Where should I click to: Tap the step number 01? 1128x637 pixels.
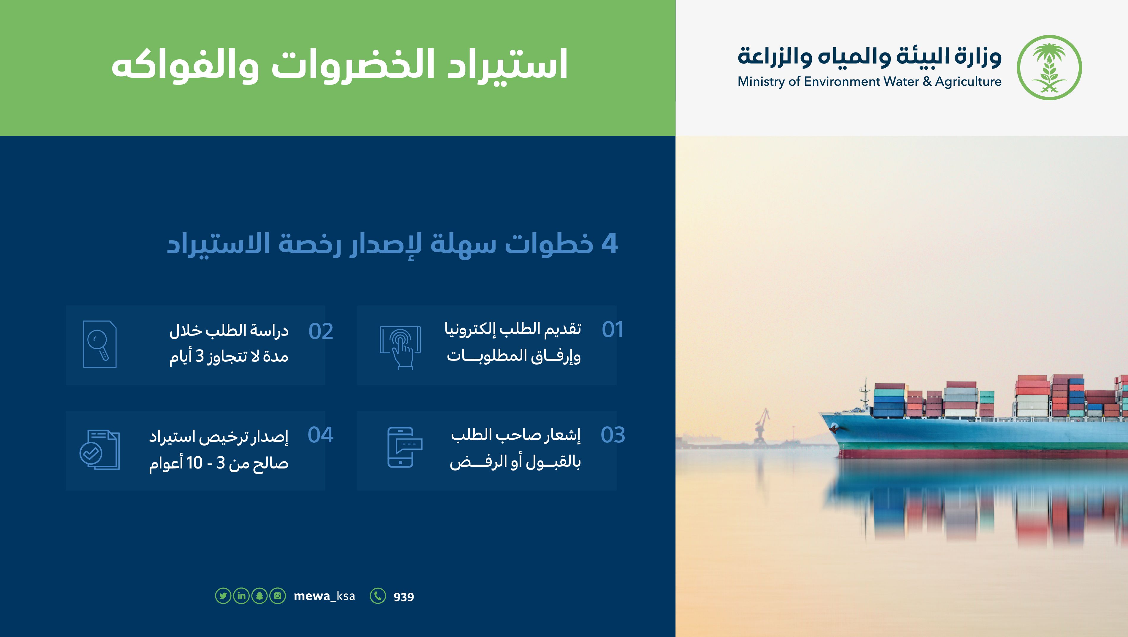click(613, 329)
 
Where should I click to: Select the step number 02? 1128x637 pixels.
click(321, 331)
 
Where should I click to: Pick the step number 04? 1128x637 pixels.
click(321, 435)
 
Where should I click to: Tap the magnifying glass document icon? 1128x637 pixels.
click(100, 344)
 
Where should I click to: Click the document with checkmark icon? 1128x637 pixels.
click(99, 450)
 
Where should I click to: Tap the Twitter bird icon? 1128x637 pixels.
click(223, 596)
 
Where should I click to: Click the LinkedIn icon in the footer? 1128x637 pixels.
click(241, 596)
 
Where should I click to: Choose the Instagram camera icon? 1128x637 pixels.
click(278, 596)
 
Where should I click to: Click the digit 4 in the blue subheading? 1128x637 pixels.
click(610, 243)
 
